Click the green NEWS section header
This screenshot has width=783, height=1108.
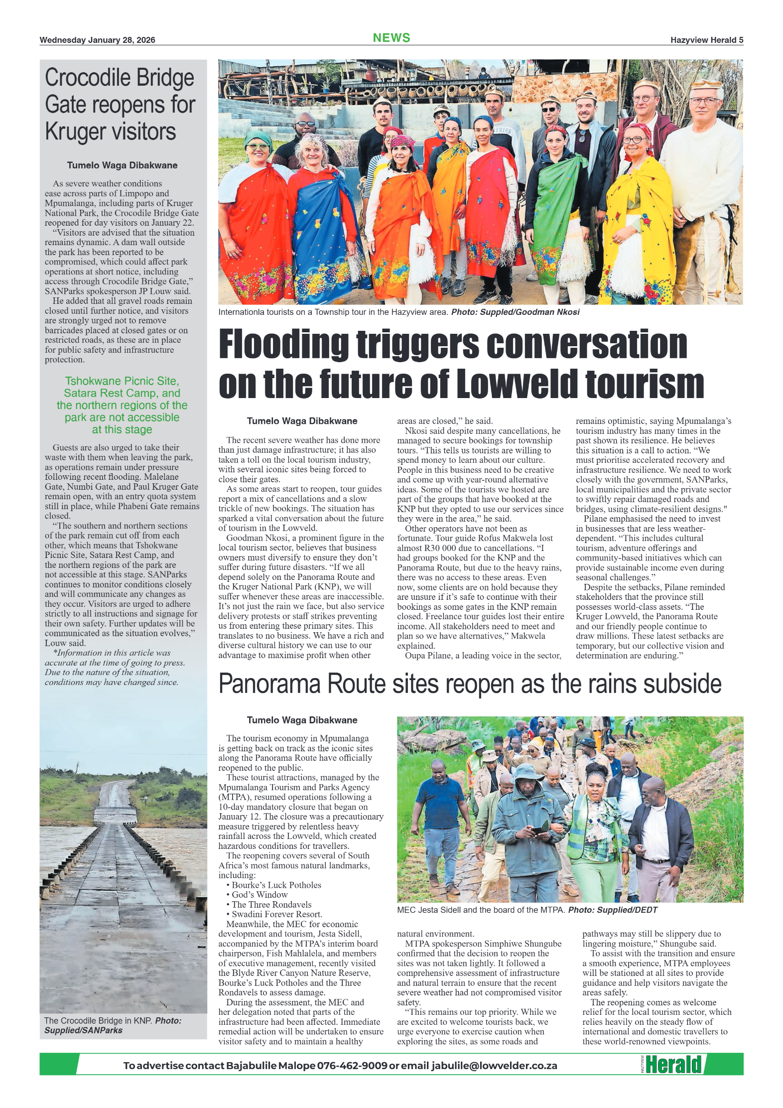tap(391, 38)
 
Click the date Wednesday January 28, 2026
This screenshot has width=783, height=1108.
tap(97, 40)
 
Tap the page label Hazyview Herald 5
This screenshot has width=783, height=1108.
tap(706, 40)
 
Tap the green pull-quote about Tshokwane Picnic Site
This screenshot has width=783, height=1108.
tap(122, 405)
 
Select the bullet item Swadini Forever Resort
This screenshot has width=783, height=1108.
tap(276, 914)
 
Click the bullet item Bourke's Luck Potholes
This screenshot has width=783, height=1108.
tap(276, 885)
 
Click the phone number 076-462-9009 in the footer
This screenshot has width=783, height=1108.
tap(352, 1066)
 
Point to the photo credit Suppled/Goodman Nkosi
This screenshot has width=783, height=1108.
tap(529, 312)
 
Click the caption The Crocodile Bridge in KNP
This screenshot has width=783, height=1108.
tap(98, 1021)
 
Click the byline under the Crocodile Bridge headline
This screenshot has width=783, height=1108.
tap(122, 165)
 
